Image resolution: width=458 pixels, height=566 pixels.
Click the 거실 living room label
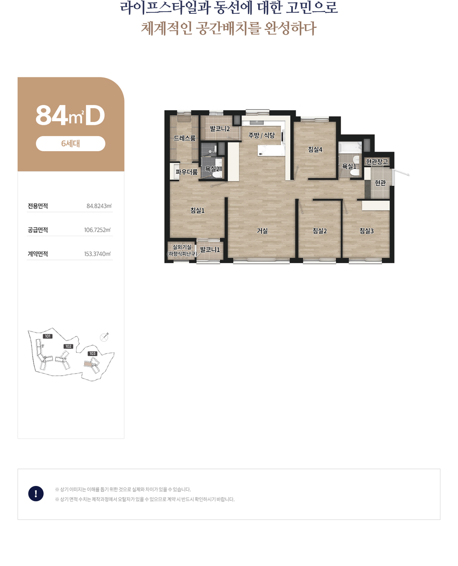[x=262, y=231]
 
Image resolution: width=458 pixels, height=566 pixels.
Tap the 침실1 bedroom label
[x=197, y=210]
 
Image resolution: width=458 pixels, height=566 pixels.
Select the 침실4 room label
[x=315, y=150]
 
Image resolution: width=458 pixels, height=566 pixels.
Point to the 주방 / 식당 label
[x=261, y=135]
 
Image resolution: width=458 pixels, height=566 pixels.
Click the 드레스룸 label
[x=184, y=138]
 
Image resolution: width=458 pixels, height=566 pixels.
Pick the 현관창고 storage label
[x=377, y=162]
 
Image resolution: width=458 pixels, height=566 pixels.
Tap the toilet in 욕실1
[x=355, y=172]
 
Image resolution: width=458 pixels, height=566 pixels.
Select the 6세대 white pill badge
[x=70, y=144]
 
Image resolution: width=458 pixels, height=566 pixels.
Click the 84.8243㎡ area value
[x=99, y=206]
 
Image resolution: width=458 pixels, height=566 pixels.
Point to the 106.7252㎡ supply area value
[x=97, y=230]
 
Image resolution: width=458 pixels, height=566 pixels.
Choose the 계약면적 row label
[x=38, y=254]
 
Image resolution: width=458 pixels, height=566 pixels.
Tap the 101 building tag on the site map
[x=47, y=336]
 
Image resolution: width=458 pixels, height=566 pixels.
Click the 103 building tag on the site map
[x=92, y=354]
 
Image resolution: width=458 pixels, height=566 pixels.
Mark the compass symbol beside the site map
[x=104, y=337]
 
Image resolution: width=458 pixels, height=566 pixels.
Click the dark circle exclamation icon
[x=36, y=494]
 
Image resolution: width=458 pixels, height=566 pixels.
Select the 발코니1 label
[x=209, y=249]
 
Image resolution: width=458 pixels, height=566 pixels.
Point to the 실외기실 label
[x=182, y=247]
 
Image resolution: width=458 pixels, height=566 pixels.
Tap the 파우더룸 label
[x=187, y=172]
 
